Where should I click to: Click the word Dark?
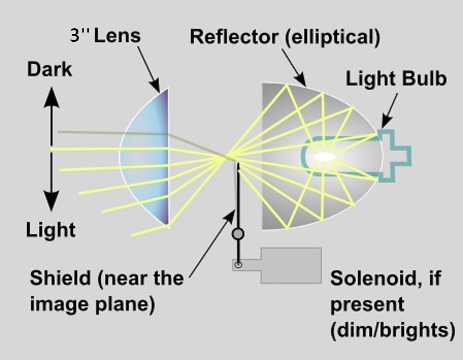50,70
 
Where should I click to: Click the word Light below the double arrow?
51,230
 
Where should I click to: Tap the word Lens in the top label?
122,37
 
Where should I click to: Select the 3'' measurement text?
81,37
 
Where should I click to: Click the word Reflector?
230,37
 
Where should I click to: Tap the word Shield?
59,279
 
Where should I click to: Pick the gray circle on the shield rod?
238,234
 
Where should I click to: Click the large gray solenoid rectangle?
291,265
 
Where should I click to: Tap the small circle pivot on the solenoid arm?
238,266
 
